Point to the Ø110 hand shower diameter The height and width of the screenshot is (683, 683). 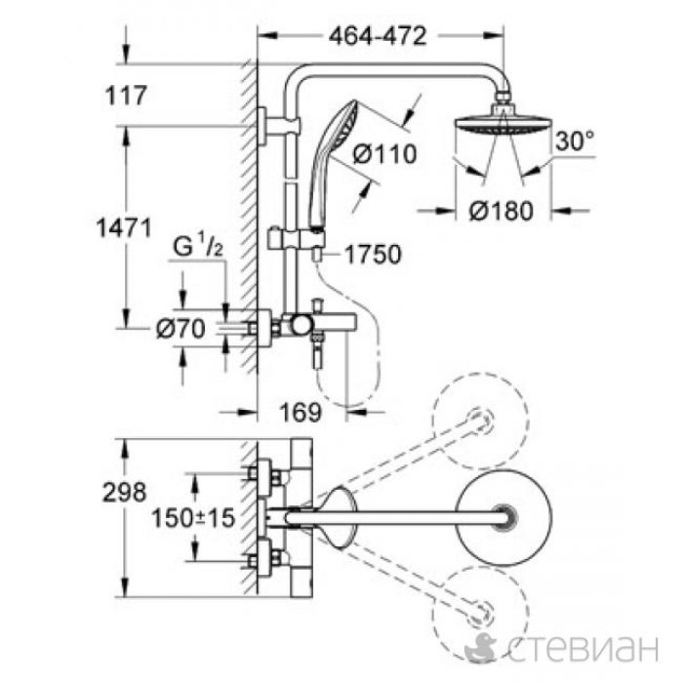(x=384, y=153)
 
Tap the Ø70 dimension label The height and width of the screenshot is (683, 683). (x=180, y=330)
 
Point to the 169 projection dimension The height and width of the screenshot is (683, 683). (x=301, y=413)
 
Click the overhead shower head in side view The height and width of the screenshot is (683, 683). (x=503, y=131)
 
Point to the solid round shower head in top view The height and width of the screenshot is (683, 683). (x=503, y=517)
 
